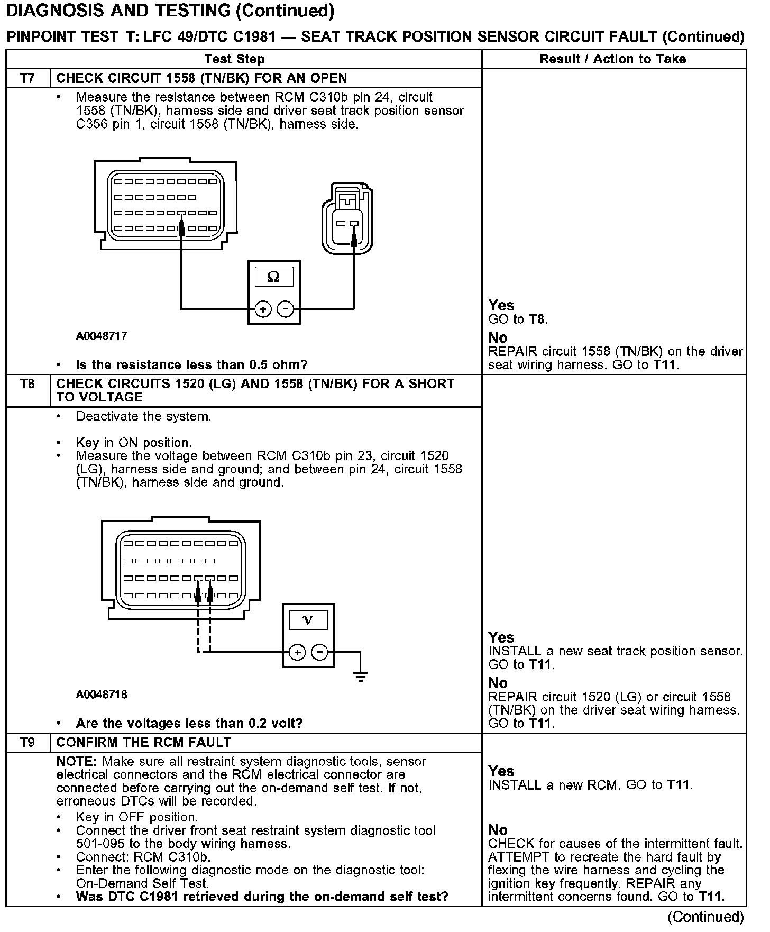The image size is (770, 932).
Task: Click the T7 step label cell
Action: pyautogui.click(x=27, y=78)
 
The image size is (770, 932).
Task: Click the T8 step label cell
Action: pyautogui.click(x=27, y=384)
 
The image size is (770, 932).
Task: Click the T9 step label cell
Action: pyautogui.click(x=27, y=743)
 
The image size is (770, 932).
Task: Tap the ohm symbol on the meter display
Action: pyautogui.click(x=274, y=277)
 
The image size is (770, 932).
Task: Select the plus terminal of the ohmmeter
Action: pyautogui.click(x=263, y=309)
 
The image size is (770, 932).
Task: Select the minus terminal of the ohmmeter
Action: pyautogui.click(x=286, y=309)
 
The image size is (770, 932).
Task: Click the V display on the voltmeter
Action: pyautogui.click(x=308, y=620)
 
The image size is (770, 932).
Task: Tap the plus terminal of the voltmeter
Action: pyautogui.click(x=297, y=652)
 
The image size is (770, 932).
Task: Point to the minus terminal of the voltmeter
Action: pyautogui.click(x=320, y=652)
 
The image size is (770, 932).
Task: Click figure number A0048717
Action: pyautogui.click(x=102, y=336)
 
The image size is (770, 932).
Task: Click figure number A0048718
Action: pyautogui.click(x=102, y=695)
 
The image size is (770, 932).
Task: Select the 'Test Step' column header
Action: pyautogui.click(x=234, y=59)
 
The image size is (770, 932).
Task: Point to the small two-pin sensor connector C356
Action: pyautogui.click(x=347, y=218)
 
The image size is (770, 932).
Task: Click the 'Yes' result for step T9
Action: pyautogui.click(x=501, y=771)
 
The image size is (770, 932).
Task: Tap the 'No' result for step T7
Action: pyautogui.click(x=498, y=338)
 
